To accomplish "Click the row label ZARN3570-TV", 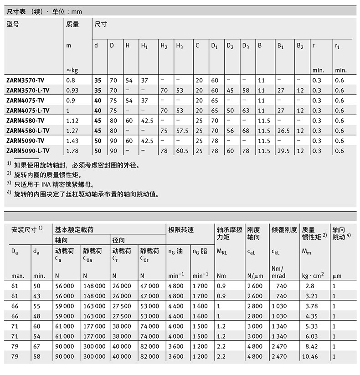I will (26, 80).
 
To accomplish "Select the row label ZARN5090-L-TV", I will (28, 151).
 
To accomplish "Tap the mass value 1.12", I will (73, 121).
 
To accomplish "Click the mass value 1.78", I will (73, 151).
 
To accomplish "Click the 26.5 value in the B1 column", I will (284, 131).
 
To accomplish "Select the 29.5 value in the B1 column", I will (284, 151).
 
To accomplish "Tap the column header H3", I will (180, 46).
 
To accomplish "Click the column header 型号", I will (13, 25).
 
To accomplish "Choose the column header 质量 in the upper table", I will (73, 25).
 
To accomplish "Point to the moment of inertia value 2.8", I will (310, 285).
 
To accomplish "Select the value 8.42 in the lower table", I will (310, 347).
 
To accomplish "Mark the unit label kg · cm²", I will (313, 275).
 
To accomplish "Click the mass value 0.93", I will (73, 90).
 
